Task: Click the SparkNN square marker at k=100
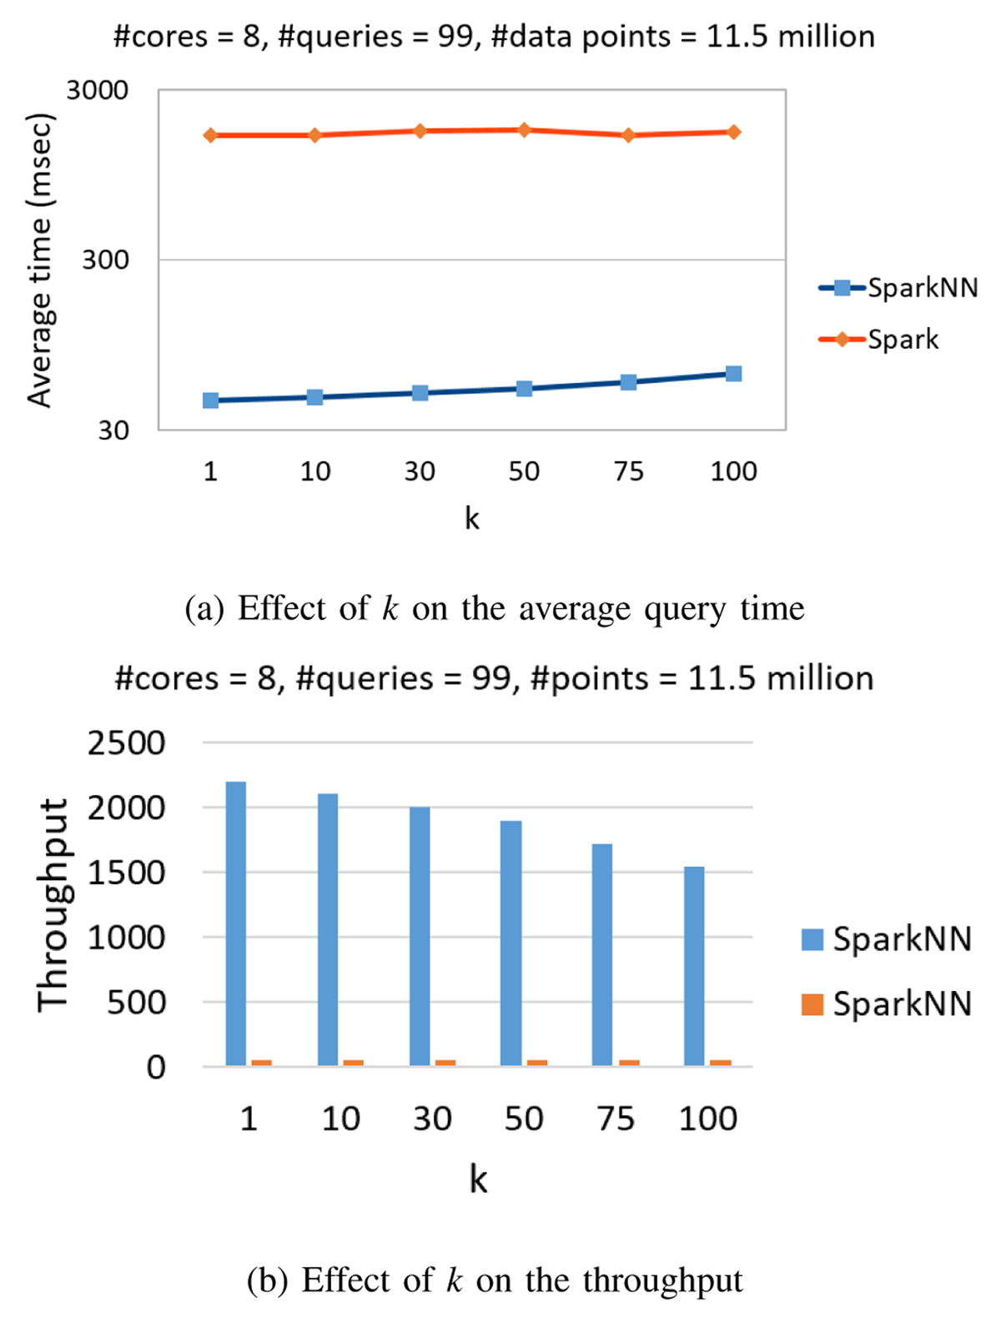733,374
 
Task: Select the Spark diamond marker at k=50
524,130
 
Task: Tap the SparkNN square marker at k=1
210,400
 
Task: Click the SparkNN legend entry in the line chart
921,288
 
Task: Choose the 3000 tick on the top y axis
98,90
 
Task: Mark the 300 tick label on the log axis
105,260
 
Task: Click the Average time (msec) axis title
40,260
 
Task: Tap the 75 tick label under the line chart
628,471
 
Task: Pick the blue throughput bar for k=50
511,943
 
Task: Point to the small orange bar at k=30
445,1063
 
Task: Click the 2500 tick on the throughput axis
126,742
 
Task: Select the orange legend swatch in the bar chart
812,1004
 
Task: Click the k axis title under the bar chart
478,1180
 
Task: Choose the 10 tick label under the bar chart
340,1119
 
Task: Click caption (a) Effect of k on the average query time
494,609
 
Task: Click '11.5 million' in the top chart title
791,37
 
